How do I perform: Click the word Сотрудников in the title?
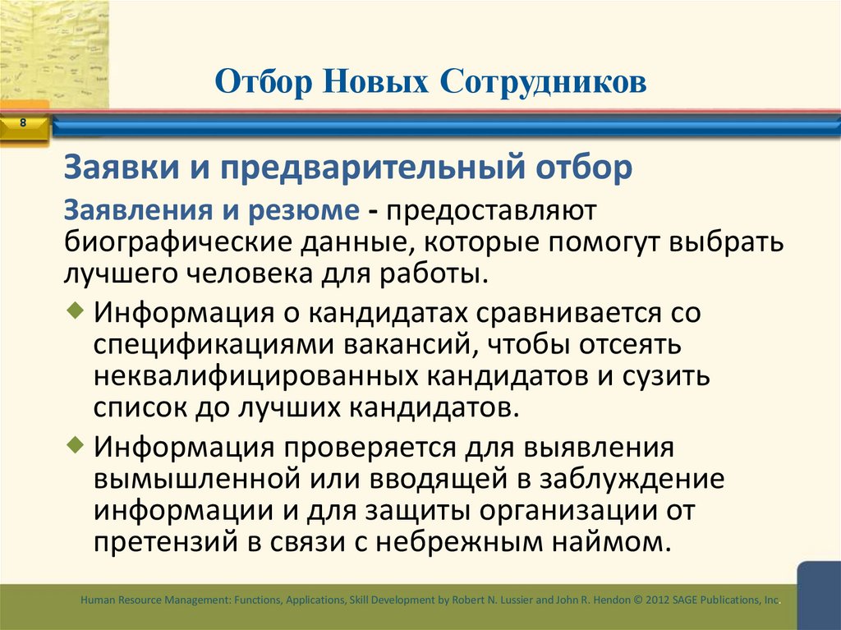543,82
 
